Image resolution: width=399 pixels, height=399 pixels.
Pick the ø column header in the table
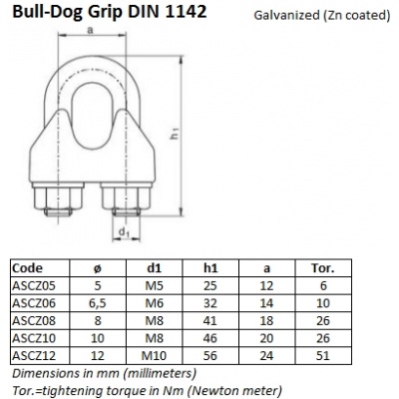pos(96,267)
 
